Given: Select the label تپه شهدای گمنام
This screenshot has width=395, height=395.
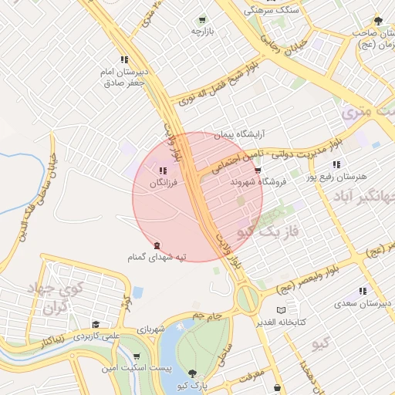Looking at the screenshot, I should tap(157, 256).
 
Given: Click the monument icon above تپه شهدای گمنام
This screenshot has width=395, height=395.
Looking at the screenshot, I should tap(157, 245).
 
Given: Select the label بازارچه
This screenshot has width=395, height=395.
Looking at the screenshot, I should tap(201, 32).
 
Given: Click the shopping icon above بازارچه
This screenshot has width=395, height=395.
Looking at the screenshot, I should tap(201, 20).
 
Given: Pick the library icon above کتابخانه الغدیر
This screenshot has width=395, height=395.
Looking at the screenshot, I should tap(292, 309).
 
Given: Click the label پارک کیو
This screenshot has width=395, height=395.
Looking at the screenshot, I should tap(192, 385).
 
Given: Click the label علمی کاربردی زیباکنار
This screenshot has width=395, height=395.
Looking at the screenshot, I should tap(85, 337).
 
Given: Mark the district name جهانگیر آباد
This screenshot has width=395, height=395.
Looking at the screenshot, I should tap(362, 197).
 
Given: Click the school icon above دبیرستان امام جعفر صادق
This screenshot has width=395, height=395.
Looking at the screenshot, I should tap(124, 60).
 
